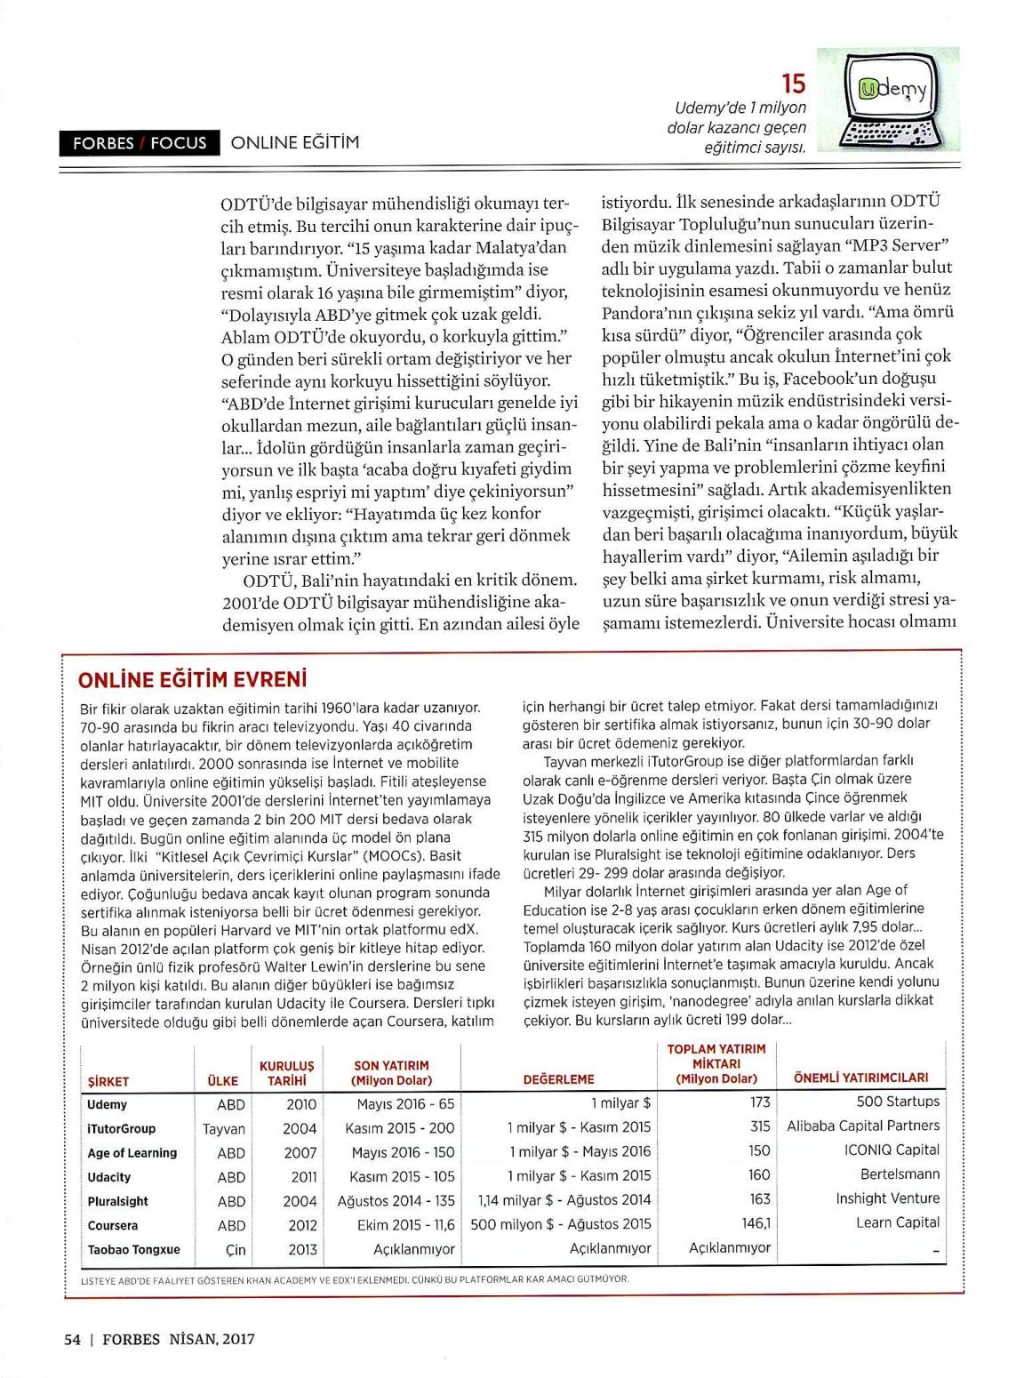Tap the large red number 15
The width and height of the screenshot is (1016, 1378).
coord(793,84)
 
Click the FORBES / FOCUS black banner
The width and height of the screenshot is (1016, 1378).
coord(140,143)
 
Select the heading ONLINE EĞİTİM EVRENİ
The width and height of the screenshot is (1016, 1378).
coord(193,680)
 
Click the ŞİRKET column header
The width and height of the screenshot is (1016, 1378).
coord(108,1081)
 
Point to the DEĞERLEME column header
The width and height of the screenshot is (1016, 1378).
coord(558,1079)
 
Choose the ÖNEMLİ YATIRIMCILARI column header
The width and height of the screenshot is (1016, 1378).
coord(860,1078)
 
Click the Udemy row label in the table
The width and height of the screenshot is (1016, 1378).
coord(108,1104)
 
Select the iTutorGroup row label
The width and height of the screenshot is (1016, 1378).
coord(122,1128)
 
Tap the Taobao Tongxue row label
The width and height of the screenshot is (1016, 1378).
coord(133,1249)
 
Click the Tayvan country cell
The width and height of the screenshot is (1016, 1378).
coord(224,1128)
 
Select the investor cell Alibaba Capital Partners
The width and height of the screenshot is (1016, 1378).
coord(862,1126)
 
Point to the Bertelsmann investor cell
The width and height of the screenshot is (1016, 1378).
coord(900,1174)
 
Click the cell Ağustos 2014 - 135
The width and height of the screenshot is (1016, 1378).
coord(396,1200)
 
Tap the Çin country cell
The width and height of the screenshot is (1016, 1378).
coord(236,1249)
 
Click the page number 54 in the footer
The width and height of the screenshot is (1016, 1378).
coord(73,1339)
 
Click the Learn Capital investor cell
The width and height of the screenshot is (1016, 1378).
coord(897,1222)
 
